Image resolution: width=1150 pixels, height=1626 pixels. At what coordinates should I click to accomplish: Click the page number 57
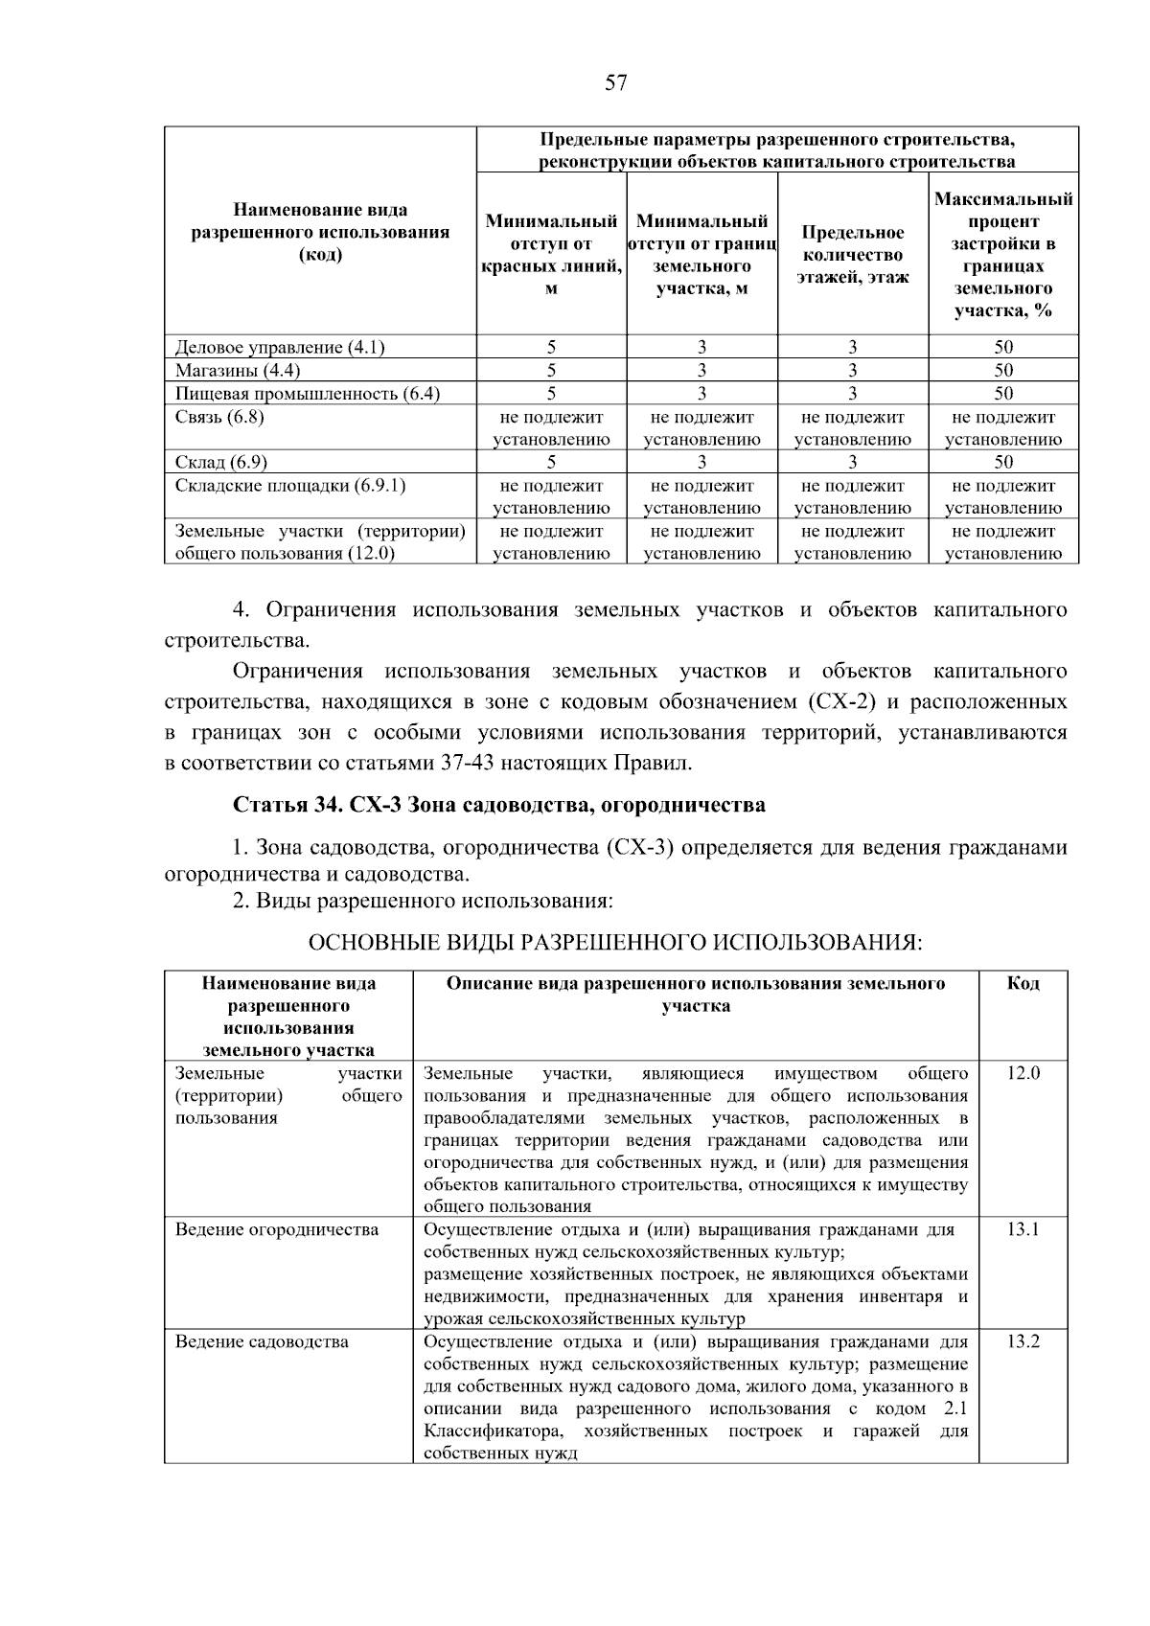(x=616, y=83)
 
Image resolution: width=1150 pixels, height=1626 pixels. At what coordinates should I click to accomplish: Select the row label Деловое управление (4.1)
(x=280, y=347)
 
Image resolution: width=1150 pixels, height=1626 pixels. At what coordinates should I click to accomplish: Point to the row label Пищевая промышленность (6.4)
(x=307, y=393)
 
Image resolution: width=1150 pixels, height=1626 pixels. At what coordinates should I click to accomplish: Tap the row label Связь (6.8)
(x=219, y=417)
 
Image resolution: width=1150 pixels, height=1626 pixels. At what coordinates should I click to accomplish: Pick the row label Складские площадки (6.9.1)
(x=290, y=485)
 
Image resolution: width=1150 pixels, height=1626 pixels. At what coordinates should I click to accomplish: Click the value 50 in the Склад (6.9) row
(x=1002, y=462)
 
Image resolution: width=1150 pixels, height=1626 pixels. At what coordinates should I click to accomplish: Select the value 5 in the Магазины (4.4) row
(x=551, y=370)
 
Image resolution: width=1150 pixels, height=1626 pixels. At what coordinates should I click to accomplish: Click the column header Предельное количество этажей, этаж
(x=852, y=255)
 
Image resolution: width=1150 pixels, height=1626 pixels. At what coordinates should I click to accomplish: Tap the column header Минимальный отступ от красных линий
(x=551, y=255)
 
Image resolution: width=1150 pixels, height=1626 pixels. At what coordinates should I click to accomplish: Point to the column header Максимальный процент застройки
(x=1002, y=255)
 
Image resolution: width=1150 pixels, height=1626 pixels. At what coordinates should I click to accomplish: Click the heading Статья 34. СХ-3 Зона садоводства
(x=498, y=805)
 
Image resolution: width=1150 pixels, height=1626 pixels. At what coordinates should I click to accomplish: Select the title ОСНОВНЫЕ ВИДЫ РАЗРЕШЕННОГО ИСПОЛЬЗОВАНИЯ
(x=614, y=943)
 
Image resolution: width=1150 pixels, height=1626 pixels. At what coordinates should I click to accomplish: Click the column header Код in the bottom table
(x=1023, y=984)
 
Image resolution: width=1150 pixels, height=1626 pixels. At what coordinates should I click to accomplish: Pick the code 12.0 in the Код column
(x=1023, y=1073)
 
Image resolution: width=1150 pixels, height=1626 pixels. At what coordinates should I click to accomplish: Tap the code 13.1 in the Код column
(x=1023, y=1229)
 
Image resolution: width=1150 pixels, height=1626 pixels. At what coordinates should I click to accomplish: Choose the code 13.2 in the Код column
(x=1023, y=1341)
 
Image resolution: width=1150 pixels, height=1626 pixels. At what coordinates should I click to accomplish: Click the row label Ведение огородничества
(x=277, y=1229)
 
